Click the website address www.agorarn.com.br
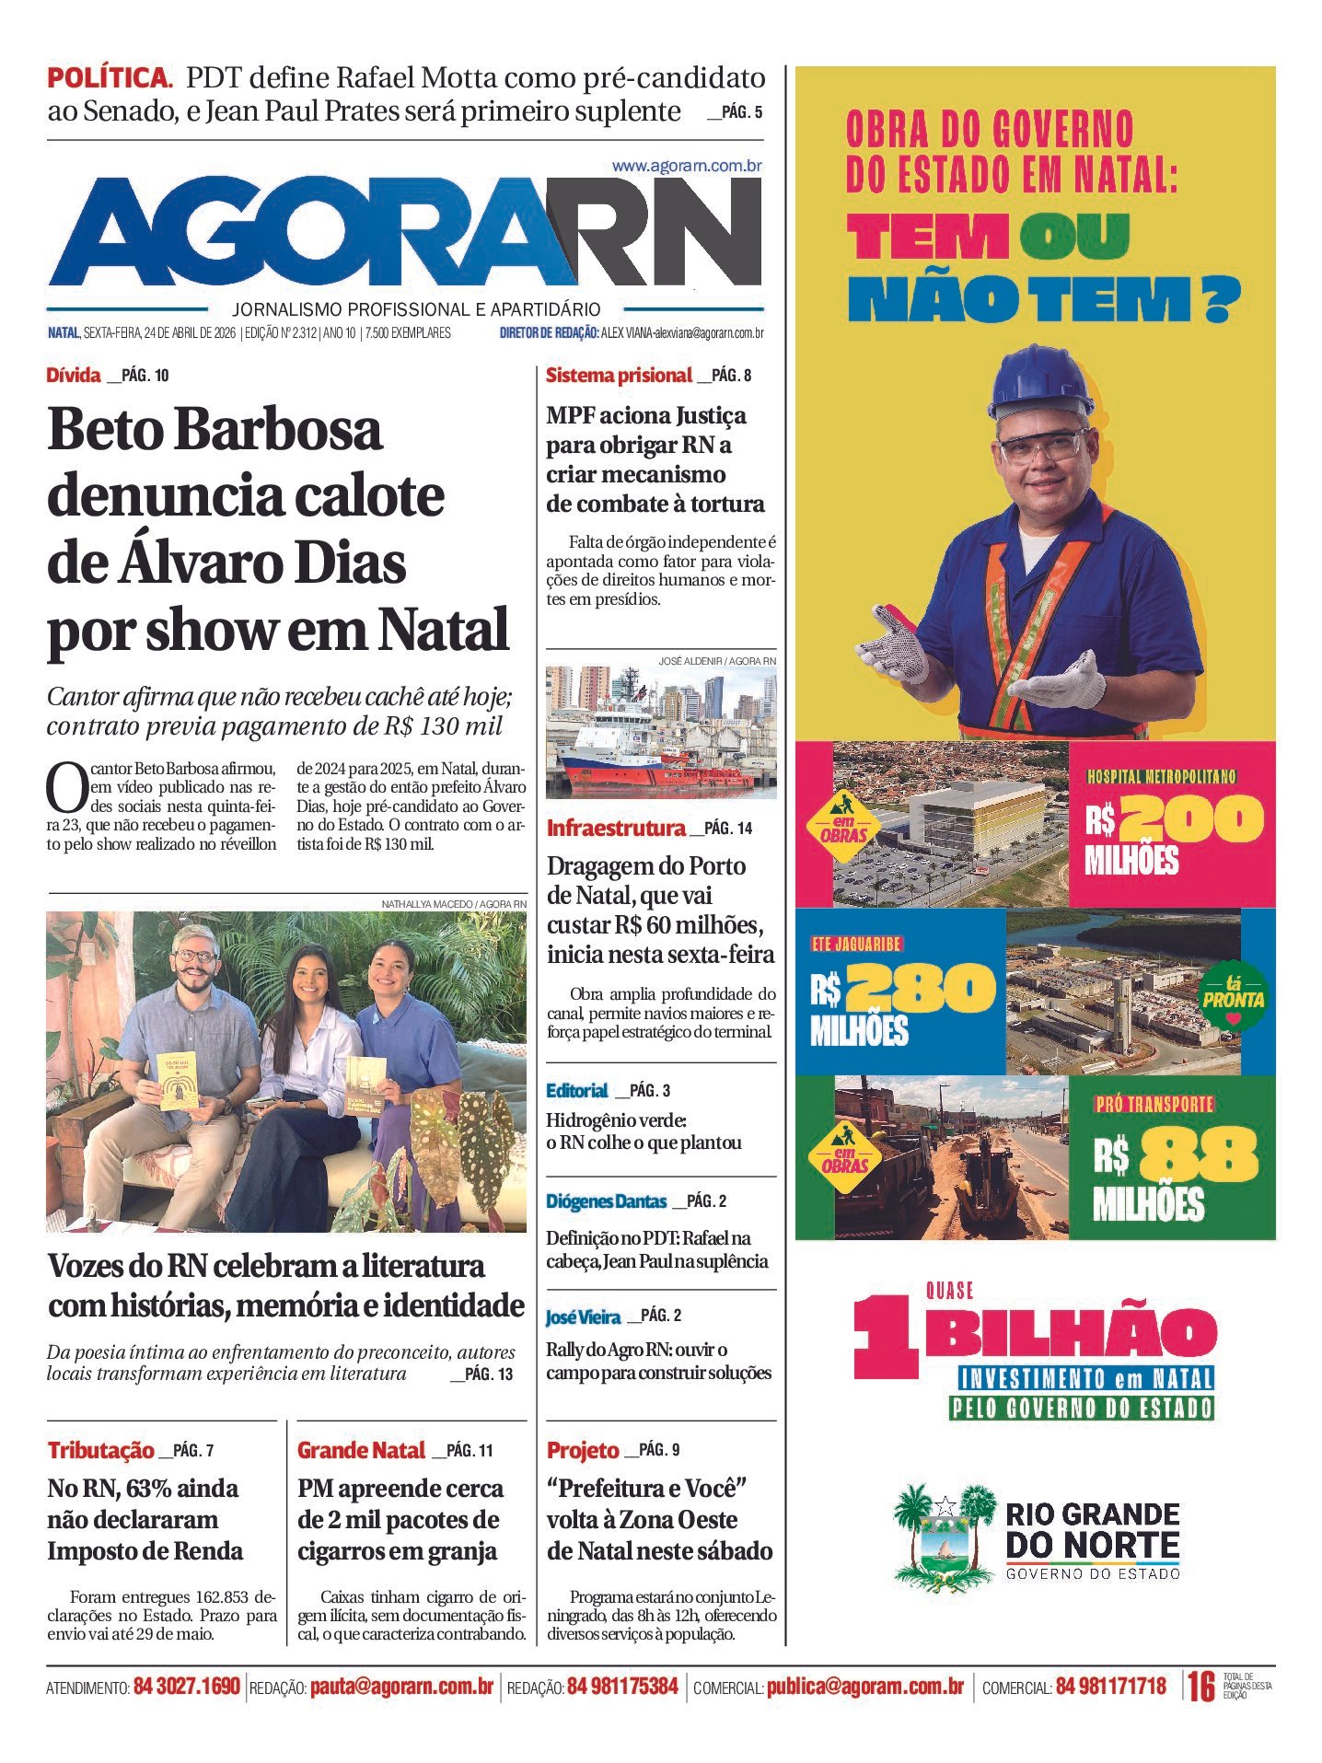[686, 167]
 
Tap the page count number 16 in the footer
[1200, 1687]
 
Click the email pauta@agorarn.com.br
[401, 1687]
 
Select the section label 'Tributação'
[101, 1451]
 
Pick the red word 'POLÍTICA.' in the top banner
[110, 78]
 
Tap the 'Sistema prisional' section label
[618, 376]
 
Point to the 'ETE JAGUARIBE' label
[856, 944]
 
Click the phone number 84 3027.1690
[187, 1687]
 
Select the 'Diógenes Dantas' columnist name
[606, 1201]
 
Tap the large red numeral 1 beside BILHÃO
[884, 1336]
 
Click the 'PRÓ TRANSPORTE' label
[1154, 1104]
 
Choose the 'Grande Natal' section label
[361, 1451]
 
